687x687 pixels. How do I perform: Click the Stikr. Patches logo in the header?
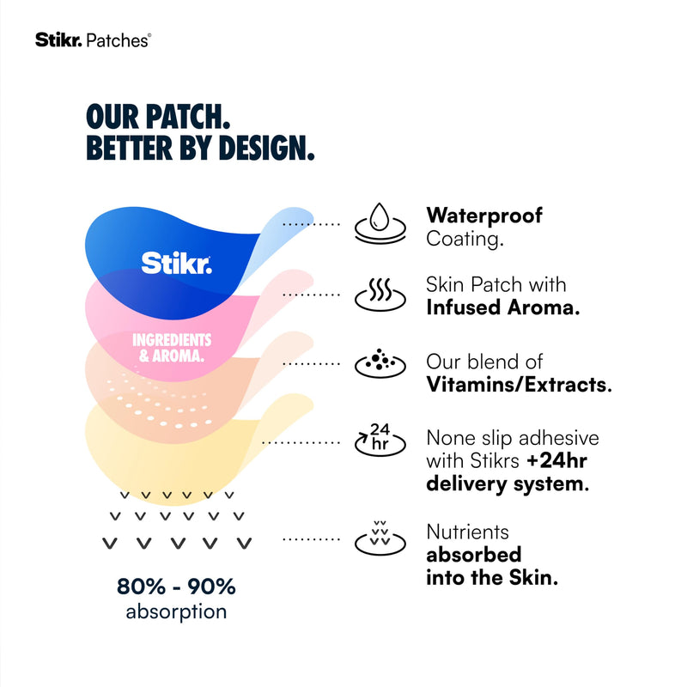94,40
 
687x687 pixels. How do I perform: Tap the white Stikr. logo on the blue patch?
176,263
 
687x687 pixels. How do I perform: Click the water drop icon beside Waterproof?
380,223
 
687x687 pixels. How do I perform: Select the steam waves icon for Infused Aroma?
380,295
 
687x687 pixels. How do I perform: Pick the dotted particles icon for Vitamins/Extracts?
380,363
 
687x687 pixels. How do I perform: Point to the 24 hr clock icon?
380,440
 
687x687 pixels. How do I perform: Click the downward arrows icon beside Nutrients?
380,538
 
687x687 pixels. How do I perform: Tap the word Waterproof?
484,216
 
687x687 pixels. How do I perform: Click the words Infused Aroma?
503,307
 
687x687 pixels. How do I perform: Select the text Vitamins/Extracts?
520,384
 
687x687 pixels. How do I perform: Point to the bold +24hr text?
556,460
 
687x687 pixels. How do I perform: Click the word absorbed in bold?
474,555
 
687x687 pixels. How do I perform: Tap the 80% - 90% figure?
176,587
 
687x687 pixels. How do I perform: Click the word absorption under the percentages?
176,612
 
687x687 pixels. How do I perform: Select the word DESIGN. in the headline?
266,148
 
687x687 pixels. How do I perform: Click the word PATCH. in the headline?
187,117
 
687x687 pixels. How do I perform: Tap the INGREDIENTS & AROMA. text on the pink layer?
172,348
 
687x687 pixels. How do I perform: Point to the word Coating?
465,240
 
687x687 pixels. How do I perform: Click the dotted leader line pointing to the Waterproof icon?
311,224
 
